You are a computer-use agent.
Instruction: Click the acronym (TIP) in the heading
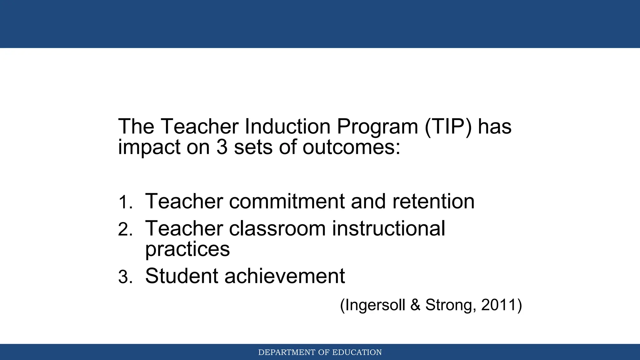tap(448, 127)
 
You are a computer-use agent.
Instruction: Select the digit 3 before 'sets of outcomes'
tap(222, 147)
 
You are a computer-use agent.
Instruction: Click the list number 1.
tap(125, 202)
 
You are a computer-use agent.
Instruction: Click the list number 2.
tap(125, 230)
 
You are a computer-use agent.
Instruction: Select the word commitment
tap(287, 201)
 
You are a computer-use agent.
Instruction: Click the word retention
tap(433, 201)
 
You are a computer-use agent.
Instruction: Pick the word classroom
tap(277, 228)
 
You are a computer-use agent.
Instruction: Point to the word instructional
tap(388, 228)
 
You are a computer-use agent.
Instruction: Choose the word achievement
tap(284, 276)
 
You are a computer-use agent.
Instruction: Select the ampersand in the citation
tap(415, 305)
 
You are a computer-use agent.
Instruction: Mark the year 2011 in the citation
tap(498, 305)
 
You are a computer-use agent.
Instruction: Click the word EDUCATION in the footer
tap(357, 352)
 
